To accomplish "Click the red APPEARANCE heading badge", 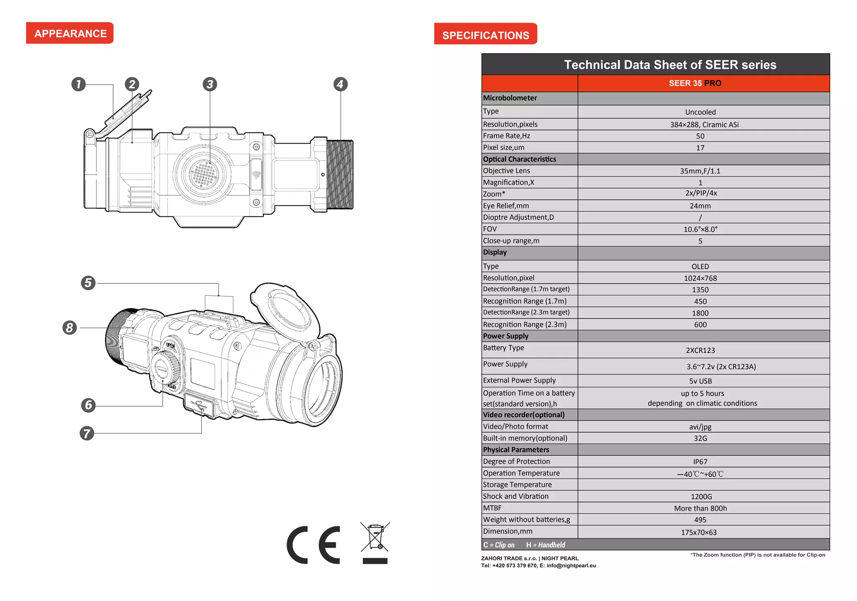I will coord(70,33).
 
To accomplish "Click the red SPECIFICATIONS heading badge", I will coord(485,34).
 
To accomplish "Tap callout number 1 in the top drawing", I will coord(78,84).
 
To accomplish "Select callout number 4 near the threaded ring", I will coord(340,84).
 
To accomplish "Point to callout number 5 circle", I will coord(88,283).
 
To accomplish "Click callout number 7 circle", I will coord(87,433).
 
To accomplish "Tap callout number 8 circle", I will coord(70,327).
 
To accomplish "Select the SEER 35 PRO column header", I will coord(695,83).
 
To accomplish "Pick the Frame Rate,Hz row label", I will coord(506,136).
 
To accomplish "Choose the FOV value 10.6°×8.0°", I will coord(700,229).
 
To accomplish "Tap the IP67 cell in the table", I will coord(700,462).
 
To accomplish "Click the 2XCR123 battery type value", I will coord(700,350).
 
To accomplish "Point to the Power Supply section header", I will coord(505,336).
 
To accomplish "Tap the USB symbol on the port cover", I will coord(198,404).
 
